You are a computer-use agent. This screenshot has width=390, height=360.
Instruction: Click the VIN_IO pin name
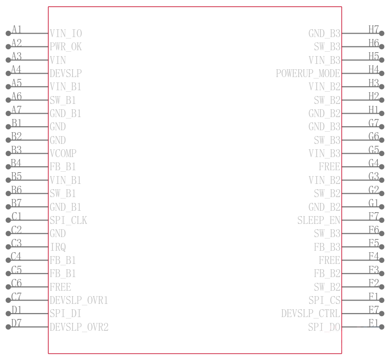point(66,33)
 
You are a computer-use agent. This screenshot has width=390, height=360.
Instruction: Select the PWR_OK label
point(66,47)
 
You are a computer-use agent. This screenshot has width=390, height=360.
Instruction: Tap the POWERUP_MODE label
point(308,74)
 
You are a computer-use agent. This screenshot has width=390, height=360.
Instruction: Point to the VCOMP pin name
point(63,154)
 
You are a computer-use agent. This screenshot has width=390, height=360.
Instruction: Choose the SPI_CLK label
point(68,220)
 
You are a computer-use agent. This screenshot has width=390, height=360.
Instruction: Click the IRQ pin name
point(58,247)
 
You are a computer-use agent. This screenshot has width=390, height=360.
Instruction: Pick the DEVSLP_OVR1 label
point(79,300)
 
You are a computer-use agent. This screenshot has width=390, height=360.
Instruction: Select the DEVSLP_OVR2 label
point(79,327)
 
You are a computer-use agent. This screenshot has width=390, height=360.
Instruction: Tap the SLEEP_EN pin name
point(319,220)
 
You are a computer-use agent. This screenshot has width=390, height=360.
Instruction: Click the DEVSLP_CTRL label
point(311,314)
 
